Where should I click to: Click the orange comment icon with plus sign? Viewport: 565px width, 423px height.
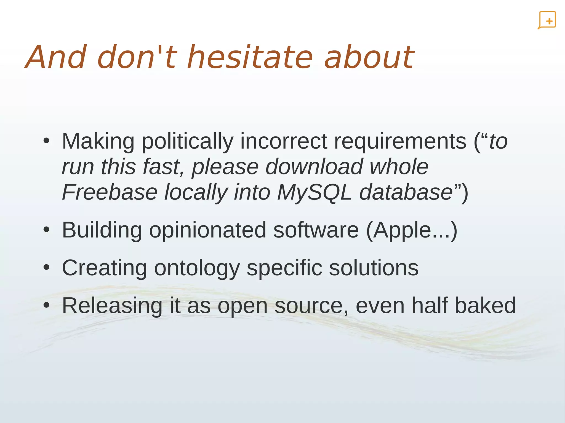[x=547, y=20]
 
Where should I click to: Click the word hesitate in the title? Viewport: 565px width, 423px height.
[x=250, y=57]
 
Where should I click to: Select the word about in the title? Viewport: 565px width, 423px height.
[x=369, y=57]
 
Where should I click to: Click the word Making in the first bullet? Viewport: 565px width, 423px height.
[x=98, y=141]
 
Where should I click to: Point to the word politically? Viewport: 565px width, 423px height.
[x=188, y=141]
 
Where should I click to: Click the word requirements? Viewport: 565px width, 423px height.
[x=400, y=141]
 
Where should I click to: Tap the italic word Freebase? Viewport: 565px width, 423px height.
[x=110, y=192]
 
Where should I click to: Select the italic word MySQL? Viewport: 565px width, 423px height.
[x=315, y=192]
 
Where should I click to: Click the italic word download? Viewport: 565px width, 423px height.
[x=314, y=167]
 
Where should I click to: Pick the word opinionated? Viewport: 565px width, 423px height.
[x=208, y=230]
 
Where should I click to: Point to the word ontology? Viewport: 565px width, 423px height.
[x=197, y=268]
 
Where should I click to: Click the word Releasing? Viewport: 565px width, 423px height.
[x=112, y=305]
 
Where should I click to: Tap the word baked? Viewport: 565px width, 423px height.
[x=485, y=305]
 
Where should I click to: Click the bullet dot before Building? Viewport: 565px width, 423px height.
[x=46, y=230]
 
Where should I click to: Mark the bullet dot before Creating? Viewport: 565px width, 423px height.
[x=46, y=267]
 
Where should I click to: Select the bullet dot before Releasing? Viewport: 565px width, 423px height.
[x=46, y=305]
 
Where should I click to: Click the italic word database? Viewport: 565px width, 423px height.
[x=406, y=192]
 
